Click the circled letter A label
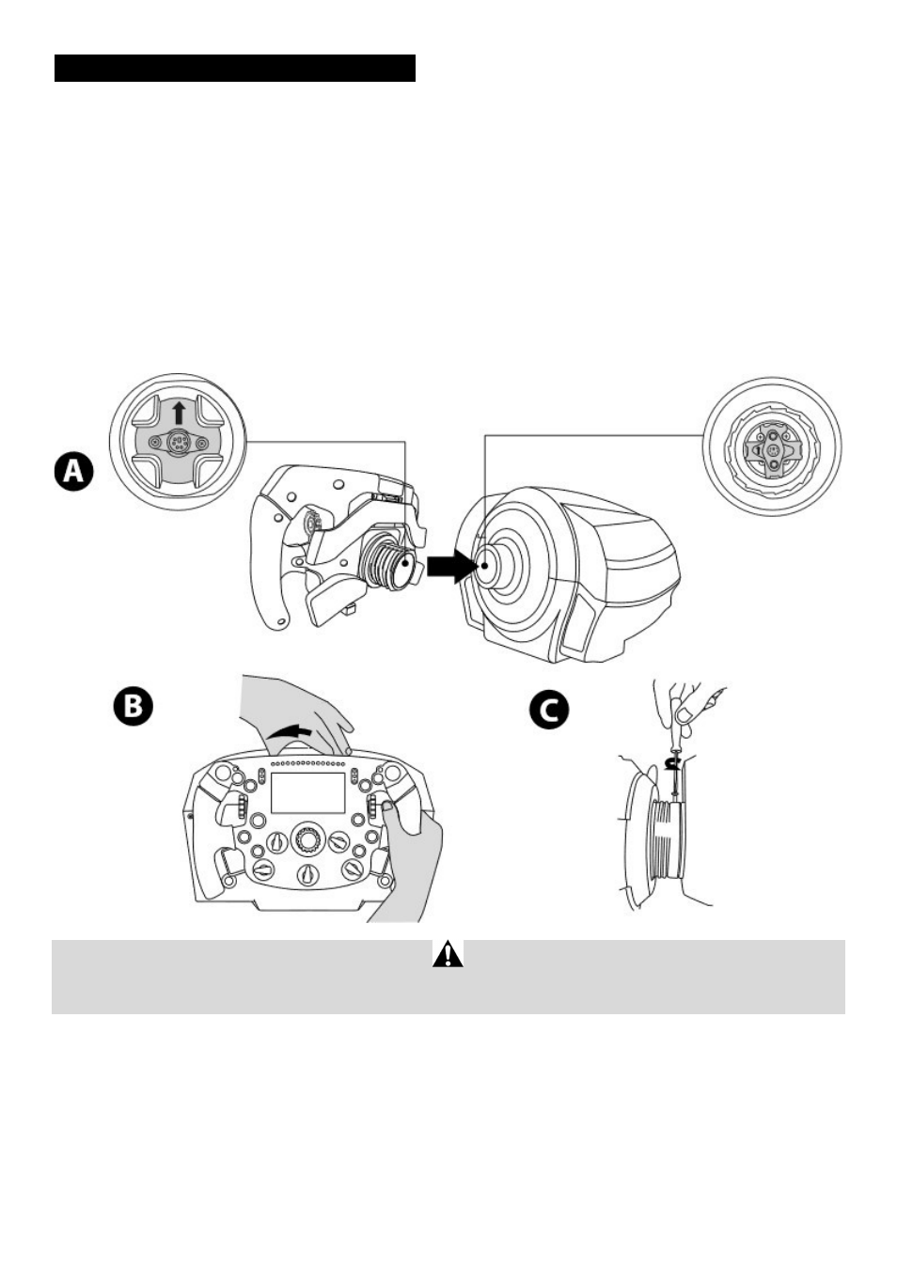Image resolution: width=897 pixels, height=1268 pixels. click(x=73, y=471)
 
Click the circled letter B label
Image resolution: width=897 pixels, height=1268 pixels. click(x=133, y=707)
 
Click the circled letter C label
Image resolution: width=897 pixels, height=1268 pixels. click(x=549, y=710)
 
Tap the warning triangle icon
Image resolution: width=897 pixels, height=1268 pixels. click(x=448, y=955)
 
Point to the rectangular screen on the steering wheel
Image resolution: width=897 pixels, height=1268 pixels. click(x=307, y=793)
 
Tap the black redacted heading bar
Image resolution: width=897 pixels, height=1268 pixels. click(x=235, y=69)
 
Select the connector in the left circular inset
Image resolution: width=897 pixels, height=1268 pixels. click(x=178, y=443)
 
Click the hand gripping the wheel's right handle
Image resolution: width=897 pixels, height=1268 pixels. click(x=412, y=846)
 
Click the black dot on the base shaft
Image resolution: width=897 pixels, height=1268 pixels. click(x=484, y=566)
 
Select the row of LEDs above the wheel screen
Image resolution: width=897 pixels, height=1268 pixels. click(x=307, y=763)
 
